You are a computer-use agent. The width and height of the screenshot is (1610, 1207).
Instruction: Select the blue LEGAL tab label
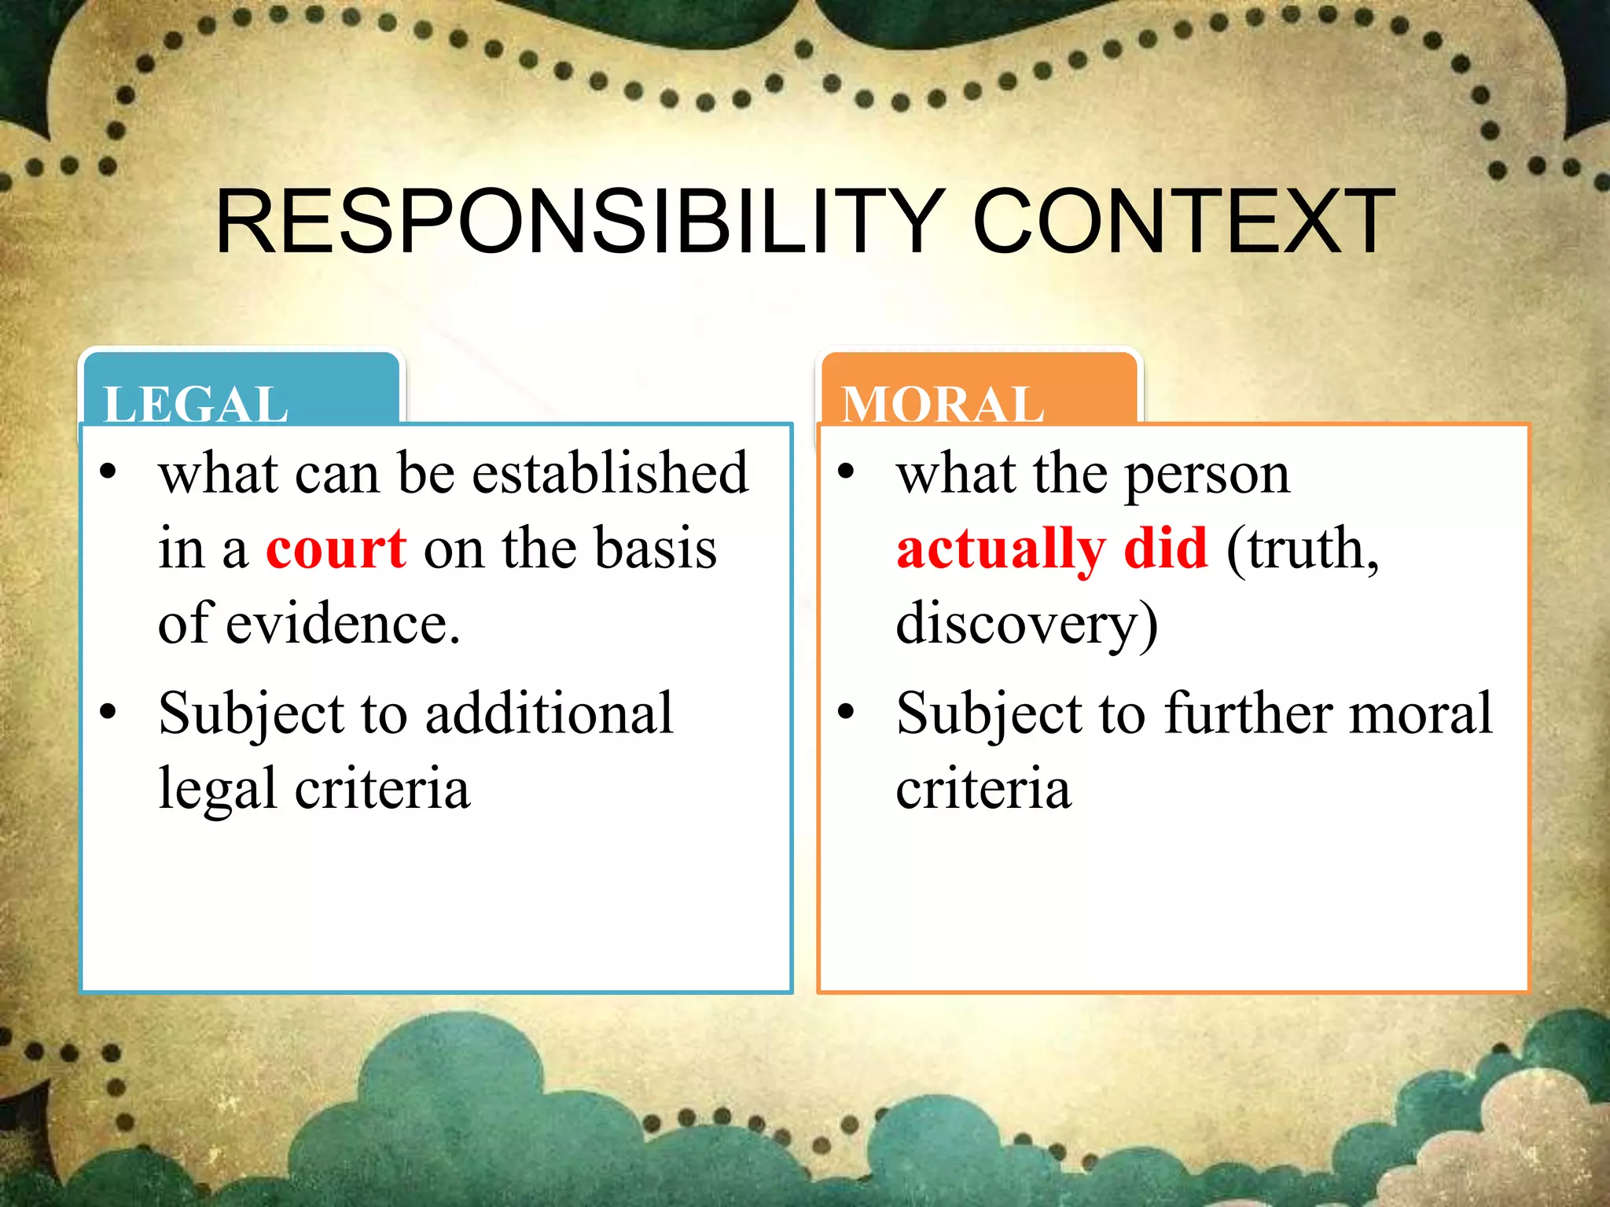click(196, 404)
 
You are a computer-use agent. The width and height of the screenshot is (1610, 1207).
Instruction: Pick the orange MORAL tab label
click(943, 404)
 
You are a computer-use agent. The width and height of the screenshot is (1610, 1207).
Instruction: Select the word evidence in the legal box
click(342, 624)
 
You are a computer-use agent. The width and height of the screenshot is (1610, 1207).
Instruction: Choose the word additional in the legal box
click(550, 714)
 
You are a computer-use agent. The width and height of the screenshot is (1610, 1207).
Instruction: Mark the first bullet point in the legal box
click(108, 472)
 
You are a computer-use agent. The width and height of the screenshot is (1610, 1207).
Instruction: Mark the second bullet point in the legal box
click(108, 712)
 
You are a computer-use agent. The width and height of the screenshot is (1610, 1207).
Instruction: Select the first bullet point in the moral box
click(846, 472)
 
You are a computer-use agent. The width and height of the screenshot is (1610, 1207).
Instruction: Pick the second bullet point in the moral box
click(846, 712)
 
